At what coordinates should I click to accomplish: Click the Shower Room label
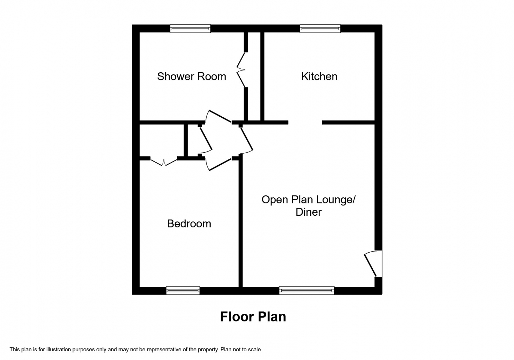click(191, 76)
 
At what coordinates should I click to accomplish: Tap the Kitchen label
click(319, 76)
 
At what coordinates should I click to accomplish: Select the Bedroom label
click(189, 224)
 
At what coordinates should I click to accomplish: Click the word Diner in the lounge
click(308, 212)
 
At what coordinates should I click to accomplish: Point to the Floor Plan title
click(253, 317)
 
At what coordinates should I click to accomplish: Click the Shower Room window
click(190, 29)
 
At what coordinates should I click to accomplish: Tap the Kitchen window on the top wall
click(320, 29)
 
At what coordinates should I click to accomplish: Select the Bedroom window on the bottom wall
click(183, 291)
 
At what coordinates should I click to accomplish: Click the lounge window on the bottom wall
click(306, 291)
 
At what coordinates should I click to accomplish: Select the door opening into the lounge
click(247, 140)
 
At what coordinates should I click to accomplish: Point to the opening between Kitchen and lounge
click(305, 122)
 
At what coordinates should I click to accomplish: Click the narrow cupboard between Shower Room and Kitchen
click(254, 77)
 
